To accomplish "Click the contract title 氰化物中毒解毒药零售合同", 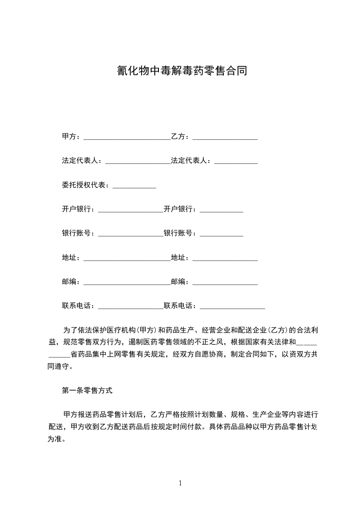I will click(x=180, y=70).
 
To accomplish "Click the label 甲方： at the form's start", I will click(x=71, y=137).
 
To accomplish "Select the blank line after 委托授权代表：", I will click(x=134, y=186).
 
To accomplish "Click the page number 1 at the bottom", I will click(x=180, y=483).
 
